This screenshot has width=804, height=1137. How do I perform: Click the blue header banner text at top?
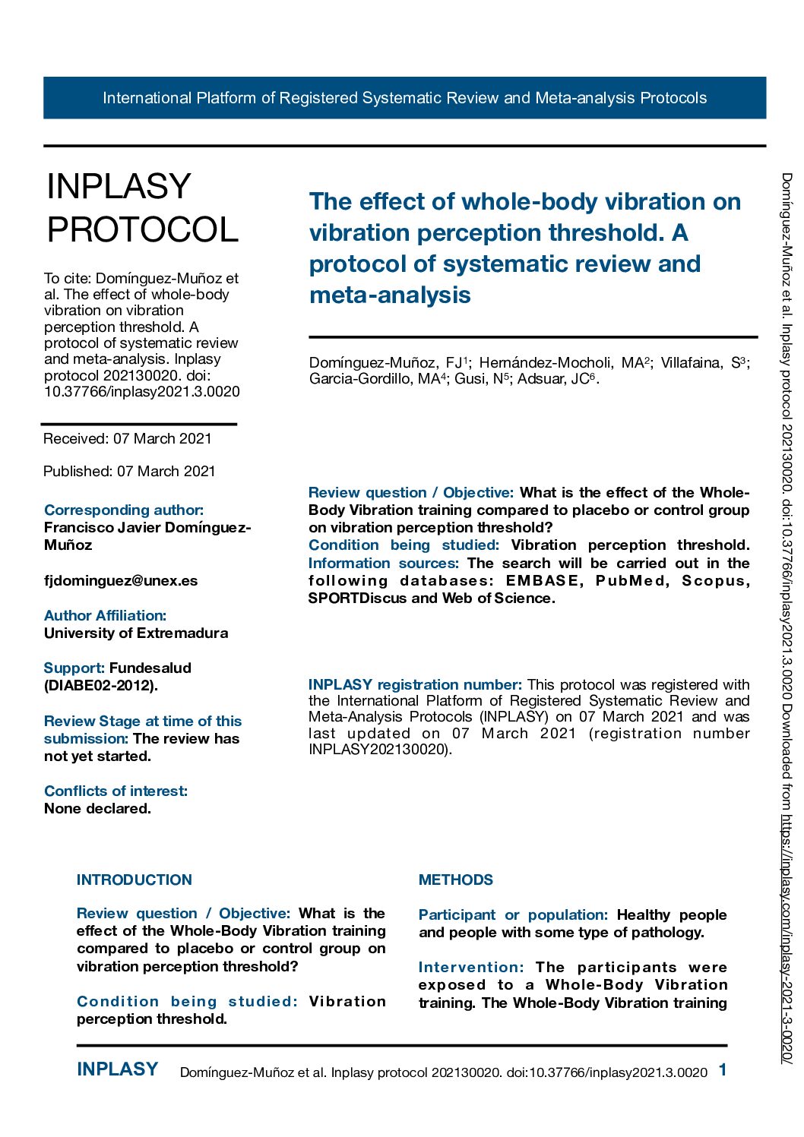click(x=404, y=98)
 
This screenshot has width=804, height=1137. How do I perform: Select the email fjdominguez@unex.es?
click(x=121, y=581)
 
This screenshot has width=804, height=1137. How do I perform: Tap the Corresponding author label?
click(x=124, y=510)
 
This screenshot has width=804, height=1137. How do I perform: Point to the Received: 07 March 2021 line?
click(x=128, y=439)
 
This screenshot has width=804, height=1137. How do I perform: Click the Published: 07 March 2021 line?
click(x=129, y=472)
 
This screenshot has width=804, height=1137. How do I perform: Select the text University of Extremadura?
click(x=136, y=633)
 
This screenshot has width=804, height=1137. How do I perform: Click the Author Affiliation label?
click(x=105, y=616)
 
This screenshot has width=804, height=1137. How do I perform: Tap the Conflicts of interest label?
click(x=116, y=791)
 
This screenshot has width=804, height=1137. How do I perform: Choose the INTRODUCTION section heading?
click(x=135, y=880)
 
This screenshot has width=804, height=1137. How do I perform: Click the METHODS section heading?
click(x=456, y=880)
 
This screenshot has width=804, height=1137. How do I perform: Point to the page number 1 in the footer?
click(x=723, y=1070)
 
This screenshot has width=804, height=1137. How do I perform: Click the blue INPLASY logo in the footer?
click(x=118, y=1069)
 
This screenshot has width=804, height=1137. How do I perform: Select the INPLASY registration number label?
click(x=415, y=685)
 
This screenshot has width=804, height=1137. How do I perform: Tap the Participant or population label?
click(x=513, y=915)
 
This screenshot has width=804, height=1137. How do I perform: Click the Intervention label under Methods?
click(x=471, y=968)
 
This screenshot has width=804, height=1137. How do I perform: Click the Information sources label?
click(x=384, y=564)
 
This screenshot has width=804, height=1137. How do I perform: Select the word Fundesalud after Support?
click(x=150, y=668)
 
